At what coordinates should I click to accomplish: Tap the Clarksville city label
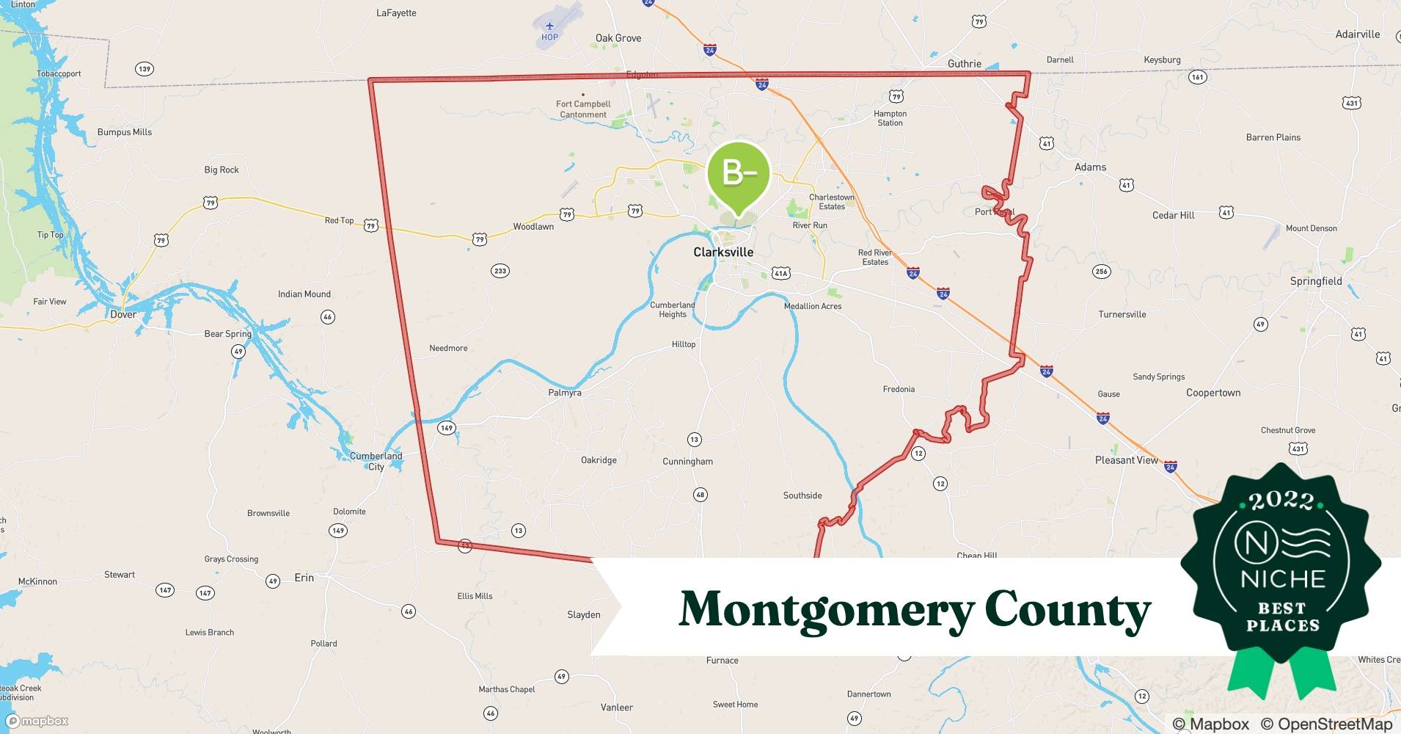[x=723, y=252]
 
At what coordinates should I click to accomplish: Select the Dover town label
[x=123, y=314]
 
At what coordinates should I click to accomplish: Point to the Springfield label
[x=1316, y=281]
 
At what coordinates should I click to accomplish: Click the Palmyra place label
[x=565, y=393]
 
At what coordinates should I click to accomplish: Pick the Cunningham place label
[x=687, y=462]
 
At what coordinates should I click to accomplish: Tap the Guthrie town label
[x=964, y=64]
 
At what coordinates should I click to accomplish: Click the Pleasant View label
[x=1126, y=460]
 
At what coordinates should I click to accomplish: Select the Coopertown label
[x=1213, y=393]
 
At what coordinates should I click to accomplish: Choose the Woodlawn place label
[x=533, y=227]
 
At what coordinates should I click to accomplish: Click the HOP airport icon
[x=549, y=27]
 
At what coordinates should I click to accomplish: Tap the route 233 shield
[x=500, y=271]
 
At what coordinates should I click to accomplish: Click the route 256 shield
[x=1101, y=272]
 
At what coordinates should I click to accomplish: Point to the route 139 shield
[x=145, y=69]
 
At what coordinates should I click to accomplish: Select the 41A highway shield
[x=780, y=273]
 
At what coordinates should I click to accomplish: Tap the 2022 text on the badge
[x=1282, y=501]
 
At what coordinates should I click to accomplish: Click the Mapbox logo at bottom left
[x=37, y=721]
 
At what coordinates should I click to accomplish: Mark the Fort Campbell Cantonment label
[x=583, y=109]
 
